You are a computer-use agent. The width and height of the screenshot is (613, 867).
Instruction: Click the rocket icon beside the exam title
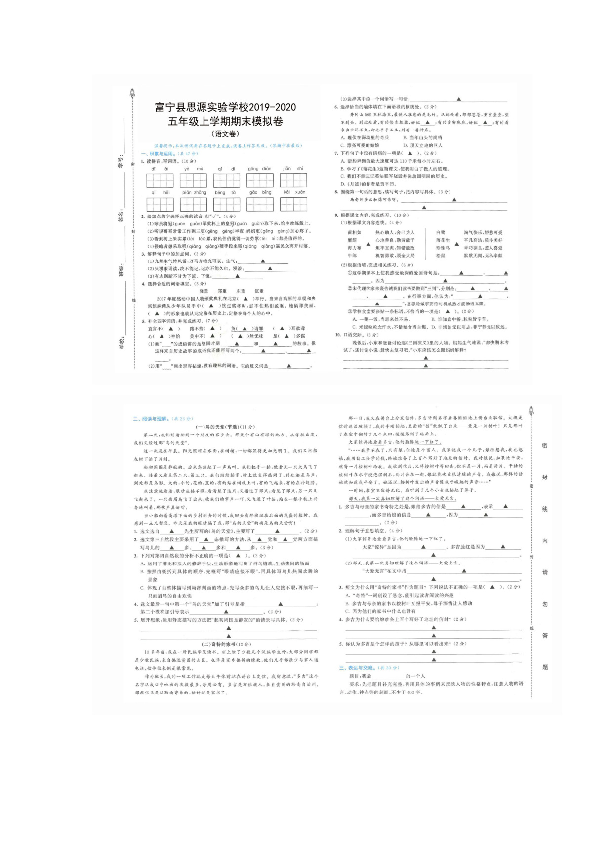pyautogui.click(x=132, y=93)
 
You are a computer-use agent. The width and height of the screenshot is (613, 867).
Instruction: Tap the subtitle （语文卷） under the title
pyautogui.click(x=225, y=134)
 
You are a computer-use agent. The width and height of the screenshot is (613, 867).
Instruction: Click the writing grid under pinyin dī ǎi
pyautogui.click(x=160, y=180)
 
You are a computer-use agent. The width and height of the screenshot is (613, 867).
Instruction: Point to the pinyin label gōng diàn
pyautogui.click(x=260, y=169)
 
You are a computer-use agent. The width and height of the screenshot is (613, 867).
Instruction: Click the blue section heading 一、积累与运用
pyautogui.click(x=162, y=154)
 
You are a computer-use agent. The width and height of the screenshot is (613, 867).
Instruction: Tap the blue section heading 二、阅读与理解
pyautogui.click(x=154, y=419)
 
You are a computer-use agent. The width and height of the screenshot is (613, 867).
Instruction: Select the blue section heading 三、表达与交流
pyautogui.click(x=359, y=668)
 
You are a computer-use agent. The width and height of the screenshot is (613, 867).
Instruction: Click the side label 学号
pyautogui.click(x=120, y=162)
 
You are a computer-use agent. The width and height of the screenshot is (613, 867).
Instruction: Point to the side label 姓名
pyautogui.click(x=120, y=216)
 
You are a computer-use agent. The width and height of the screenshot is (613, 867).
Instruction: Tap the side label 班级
pyautogui.click(x=120, y=270)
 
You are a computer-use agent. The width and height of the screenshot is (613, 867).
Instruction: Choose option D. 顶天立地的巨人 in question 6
pyautogui.click(x=422, y=145)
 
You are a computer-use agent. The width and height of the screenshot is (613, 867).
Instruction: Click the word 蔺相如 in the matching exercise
pyautogui.click(x=354, y=232)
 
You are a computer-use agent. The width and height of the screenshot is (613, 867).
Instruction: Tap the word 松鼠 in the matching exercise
pyautogui.click(x=441, y=256)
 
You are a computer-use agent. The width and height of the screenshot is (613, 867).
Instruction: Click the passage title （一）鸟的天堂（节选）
pyautogui.click(x=225, y=427)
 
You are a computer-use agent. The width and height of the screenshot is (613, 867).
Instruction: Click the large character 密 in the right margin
pyautogui.click(x=545, y=445)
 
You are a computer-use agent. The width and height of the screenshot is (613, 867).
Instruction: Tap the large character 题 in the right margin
pyautogui.click(x=545, y=667)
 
